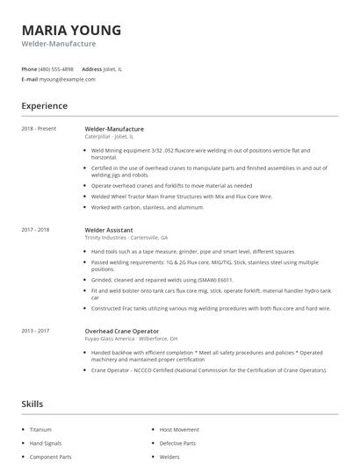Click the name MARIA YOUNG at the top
(71, 29)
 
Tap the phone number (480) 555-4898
(56, 68)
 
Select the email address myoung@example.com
(67, 79)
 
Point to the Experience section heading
(44, 106)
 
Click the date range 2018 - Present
(39, 129)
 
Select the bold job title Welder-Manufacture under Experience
(114, 129)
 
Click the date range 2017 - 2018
(35, 230)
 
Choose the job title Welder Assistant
(109, 230)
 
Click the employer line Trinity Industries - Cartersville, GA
(126, 238)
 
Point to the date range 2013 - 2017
(35, 331)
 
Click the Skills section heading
(32, 404)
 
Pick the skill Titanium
(40, 430)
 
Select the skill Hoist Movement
(178, 430)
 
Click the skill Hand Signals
(45, 443)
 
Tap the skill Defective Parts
(177, 443)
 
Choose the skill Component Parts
(50, 457)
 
